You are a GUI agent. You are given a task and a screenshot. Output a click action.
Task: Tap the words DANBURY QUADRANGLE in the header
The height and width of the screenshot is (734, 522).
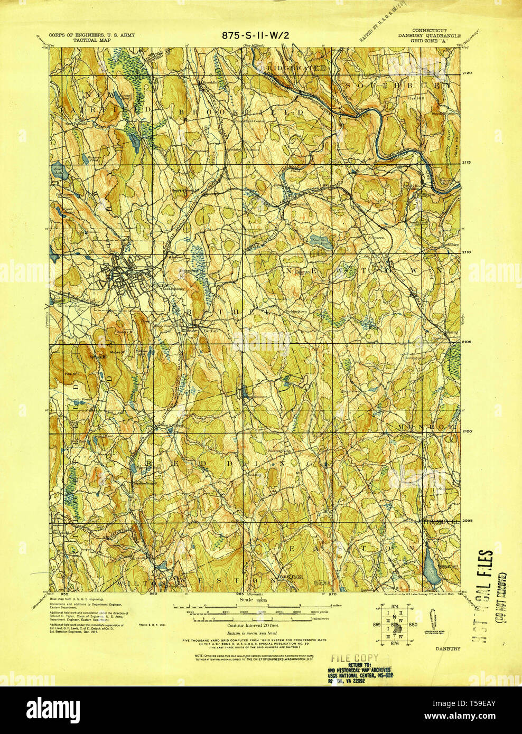click(430, 36)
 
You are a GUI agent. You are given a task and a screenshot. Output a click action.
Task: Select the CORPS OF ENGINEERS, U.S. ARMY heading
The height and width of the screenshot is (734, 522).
click(91, 35)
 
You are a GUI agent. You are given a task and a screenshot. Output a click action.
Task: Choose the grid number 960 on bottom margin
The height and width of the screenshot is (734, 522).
click(154, 594)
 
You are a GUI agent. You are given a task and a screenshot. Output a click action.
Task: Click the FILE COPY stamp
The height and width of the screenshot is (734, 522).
click(355, 658)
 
